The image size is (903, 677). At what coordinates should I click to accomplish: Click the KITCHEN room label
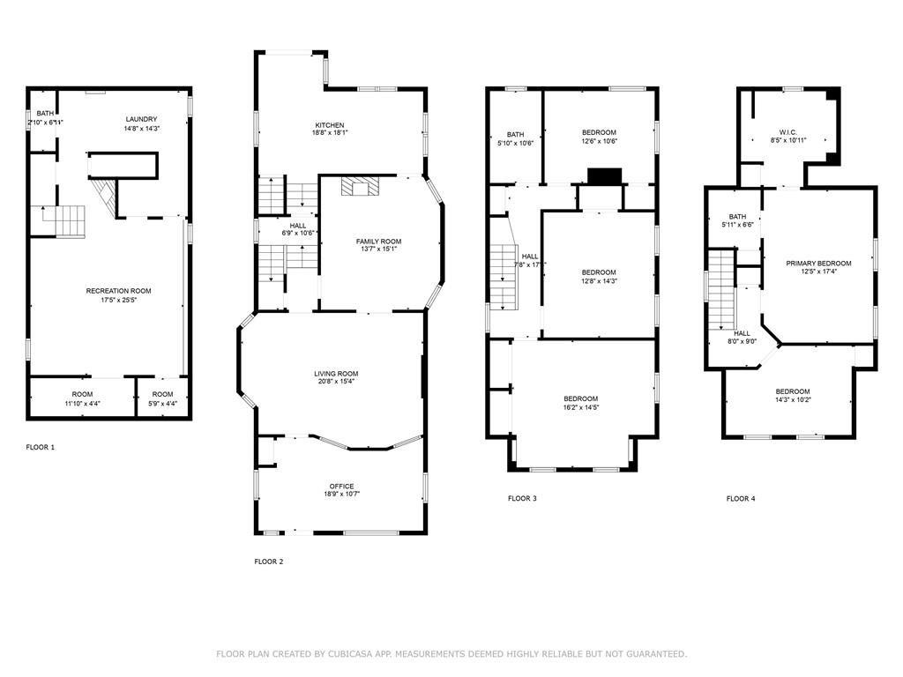point(330,125)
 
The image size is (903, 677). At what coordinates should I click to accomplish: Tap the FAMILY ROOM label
point(378,242)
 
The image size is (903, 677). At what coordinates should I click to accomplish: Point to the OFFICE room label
point(342,487)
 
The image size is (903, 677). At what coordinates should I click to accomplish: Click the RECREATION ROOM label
point(118,291)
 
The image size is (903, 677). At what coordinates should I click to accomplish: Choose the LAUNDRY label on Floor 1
point(141,119)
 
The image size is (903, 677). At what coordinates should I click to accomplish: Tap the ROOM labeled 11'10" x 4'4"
point(82,394)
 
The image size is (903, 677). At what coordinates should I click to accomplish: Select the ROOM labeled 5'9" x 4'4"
point(162,394)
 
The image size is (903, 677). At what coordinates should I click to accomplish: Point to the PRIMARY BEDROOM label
point(819,264)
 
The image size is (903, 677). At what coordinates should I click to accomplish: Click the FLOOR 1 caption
point(41,448)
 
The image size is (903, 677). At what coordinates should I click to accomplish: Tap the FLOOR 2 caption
point(269,562)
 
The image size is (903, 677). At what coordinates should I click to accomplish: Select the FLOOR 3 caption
point(522,499)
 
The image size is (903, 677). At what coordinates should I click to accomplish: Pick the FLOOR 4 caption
point(741,499)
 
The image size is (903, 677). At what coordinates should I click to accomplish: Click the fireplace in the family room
point(360,186)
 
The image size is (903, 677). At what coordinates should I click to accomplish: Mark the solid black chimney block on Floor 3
point(604,176)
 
